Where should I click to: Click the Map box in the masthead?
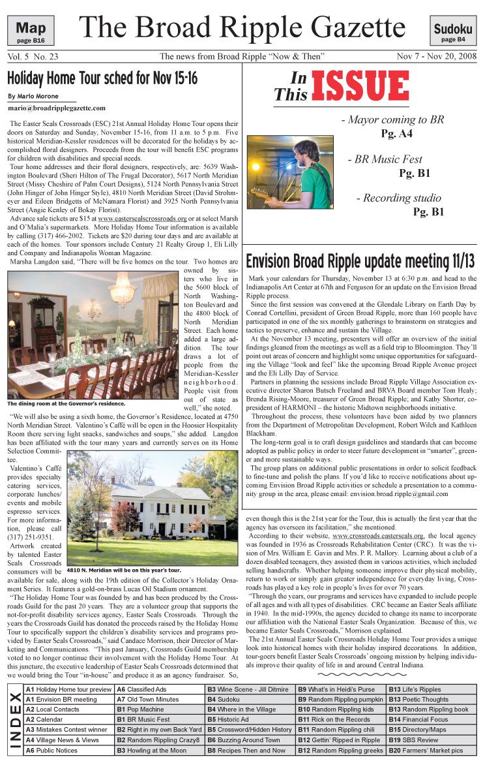tap(30, 30)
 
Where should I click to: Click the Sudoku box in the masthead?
tap(453, 31)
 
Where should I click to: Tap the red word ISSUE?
tap(360, 87)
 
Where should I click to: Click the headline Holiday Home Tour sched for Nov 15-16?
tap(102, 80)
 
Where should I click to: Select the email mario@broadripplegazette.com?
tap(57, 108)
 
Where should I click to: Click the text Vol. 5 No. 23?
tap(33, 57)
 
